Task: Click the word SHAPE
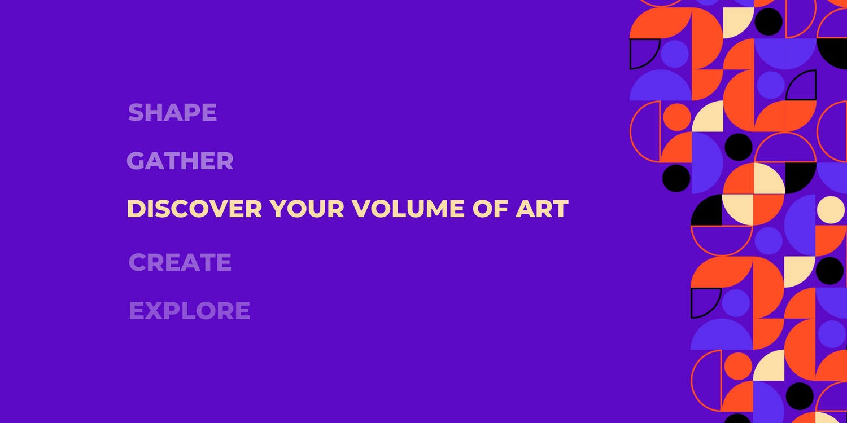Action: pos(172,112)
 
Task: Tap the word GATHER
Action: pos(180,161)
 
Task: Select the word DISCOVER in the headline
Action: pos(194,209)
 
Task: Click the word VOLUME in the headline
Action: pos(408,209)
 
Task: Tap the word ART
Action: pos(542,209)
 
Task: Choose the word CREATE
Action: pos(180,262)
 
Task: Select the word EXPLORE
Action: pos(189,310)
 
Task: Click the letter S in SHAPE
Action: pos(136,112)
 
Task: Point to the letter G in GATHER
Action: pos(136,161)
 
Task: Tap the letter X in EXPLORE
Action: pos(155,310)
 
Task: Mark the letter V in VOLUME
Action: pos(361,209)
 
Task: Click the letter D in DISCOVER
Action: pos(136,209)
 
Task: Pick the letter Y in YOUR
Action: pos(278,209)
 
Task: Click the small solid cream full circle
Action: pos(831,210)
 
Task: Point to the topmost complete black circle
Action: pos(769,22)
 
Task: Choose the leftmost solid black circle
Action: pos(676,178)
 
